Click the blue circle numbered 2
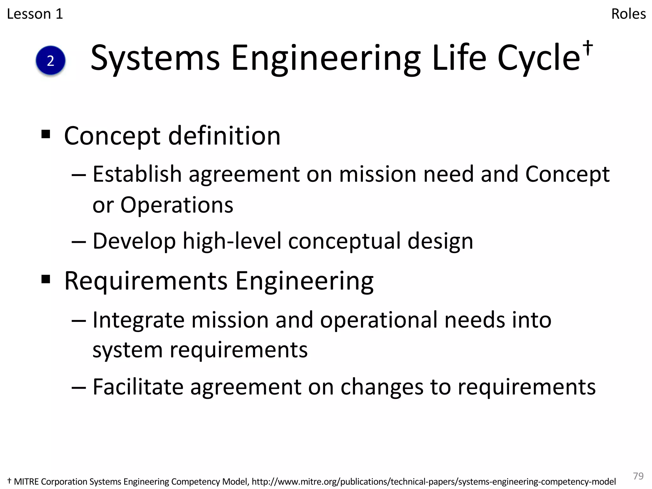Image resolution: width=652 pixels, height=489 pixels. click(x=51, y=60)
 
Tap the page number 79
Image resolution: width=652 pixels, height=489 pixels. click(x=638, y=476)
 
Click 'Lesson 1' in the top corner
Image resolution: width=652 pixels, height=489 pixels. click(x=35, y=14)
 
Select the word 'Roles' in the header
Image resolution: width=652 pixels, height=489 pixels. click(x=628, y=14)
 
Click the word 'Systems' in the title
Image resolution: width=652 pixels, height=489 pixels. click(x=155, y=58)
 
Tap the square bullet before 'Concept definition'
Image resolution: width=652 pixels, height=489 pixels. click(x=46, y=134)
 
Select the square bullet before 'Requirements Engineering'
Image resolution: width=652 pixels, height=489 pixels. click(x=46, y=279)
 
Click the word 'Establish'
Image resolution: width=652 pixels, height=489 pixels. click(x=137, y=174)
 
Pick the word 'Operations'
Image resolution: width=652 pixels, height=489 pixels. click(x=177, y=205)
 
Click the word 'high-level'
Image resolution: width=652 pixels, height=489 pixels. click(x=232, y=241)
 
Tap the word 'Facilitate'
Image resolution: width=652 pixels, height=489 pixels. click(x=138, y=387)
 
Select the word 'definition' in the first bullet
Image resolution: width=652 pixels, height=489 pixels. click(x=224, y=136)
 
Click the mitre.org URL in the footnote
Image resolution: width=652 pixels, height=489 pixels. click(x=434, y=482)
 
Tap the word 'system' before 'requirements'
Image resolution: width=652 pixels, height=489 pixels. click(x=127, y=350)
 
